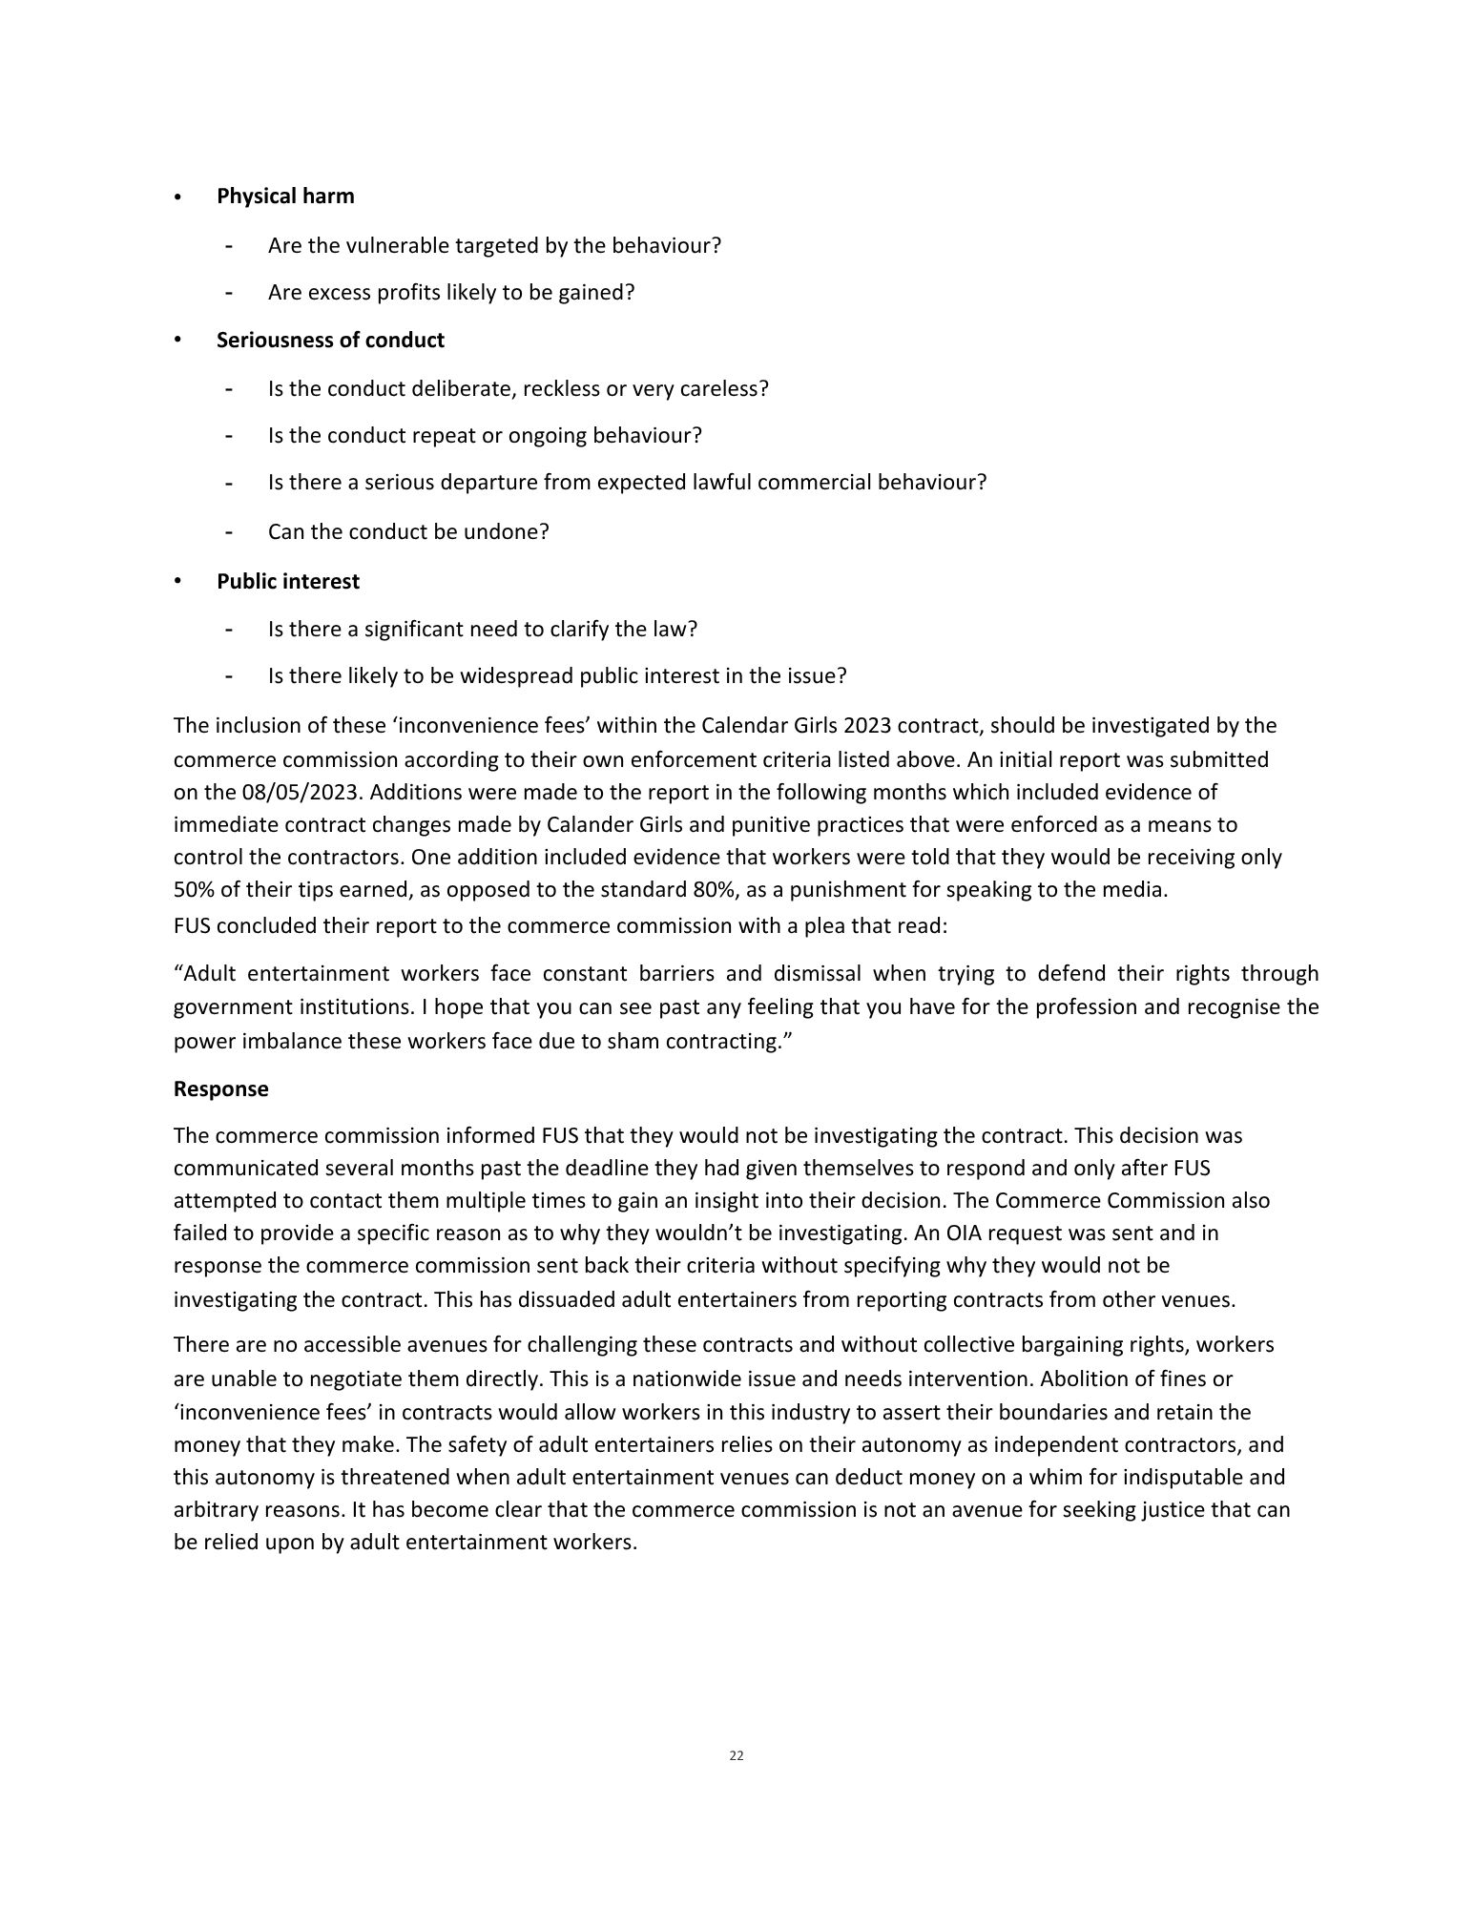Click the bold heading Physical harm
coord(285,197)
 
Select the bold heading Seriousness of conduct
coord(330,341)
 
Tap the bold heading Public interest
coord(288,582)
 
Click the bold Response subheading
coord(220,1089)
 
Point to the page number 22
coord(737,1755)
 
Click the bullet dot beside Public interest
coord(177,581)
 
